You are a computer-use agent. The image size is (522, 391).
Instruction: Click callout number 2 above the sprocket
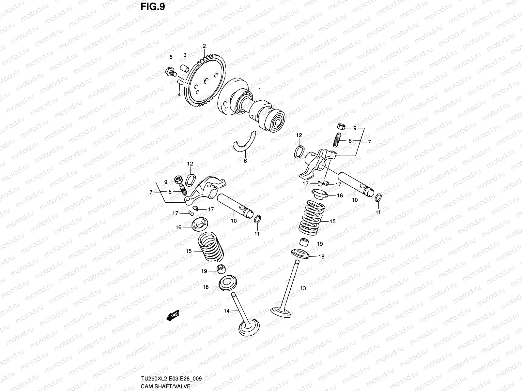pos(204,46)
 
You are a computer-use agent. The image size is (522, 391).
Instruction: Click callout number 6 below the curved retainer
pos(245,161)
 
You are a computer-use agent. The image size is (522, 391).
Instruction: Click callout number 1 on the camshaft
pos(260,90)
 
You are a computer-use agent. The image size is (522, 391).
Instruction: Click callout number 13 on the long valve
pos(303,288)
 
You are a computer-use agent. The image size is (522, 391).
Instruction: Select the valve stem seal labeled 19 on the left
pos(222,269)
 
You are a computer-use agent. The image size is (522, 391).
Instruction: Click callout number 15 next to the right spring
pos(332,221)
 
